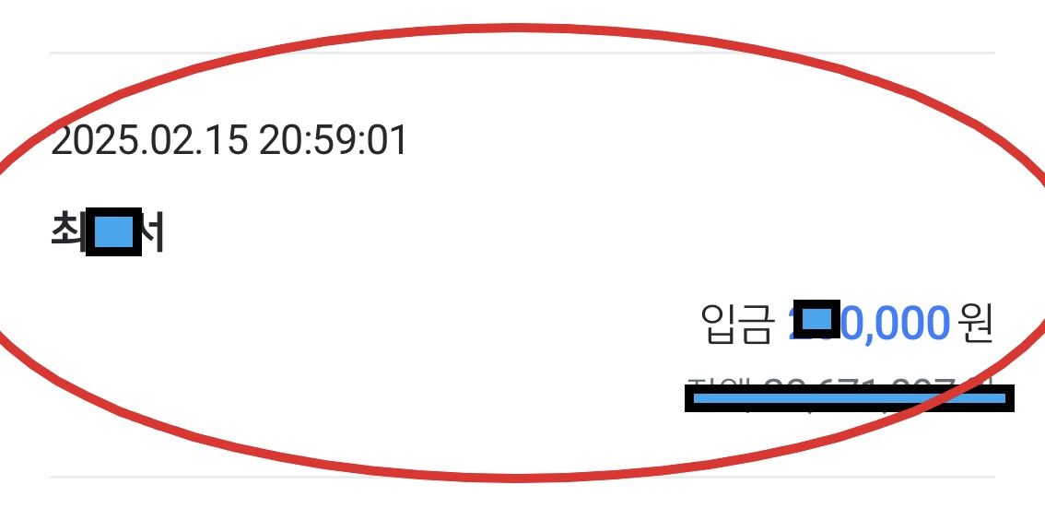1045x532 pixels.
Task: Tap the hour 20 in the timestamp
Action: tap(278, 142)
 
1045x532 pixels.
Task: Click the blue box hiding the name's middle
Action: tap(113, 233)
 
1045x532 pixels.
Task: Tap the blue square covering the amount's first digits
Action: tap(816, 320)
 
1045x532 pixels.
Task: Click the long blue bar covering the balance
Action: tap(849, 398)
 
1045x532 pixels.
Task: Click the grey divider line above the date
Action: tap(522, 53)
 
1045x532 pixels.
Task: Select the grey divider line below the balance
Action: tap(522, 477)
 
